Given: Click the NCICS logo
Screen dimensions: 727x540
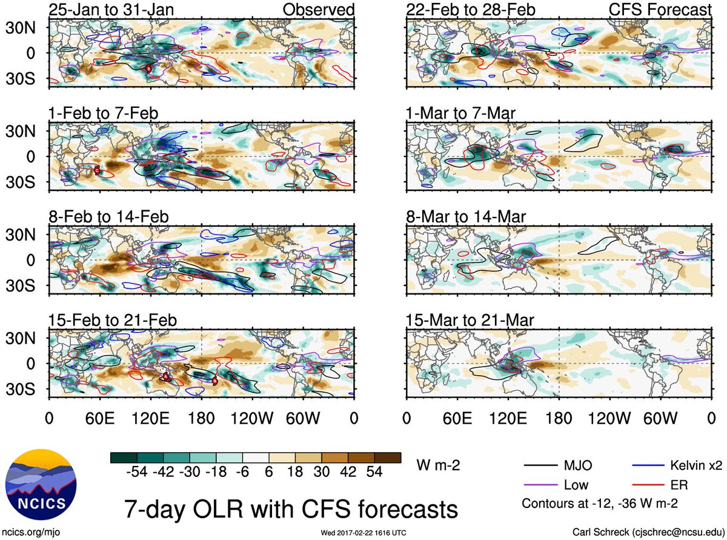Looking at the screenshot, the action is (x=41, y=484).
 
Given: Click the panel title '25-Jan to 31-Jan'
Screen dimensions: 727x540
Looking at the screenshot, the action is (x=111, y=10).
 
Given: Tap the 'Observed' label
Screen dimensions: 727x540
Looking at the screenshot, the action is (x=318, y=10).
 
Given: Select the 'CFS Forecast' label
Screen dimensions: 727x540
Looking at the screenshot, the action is (x=660, y=10).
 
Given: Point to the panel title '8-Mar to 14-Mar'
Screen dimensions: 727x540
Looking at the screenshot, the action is (x=466, y=217).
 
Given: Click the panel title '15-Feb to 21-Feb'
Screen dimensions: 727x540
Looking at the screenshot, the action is (x=113, y=320).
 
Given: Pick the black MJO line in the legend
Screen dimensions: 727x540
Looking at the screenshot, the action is (x=540, y=465).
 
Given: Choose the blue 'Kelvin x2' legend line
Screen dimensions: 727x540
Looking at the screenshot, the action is (x=648, y=465).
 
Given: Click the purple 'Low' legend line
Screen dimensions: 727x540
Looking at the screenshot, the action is (x=540, y=485).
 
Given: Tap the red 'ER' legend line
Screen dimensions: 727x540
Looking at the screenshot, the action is (x=648, y=485).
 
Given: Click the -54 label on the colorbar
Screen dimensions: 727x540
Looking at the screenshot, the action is (x=137, y=472).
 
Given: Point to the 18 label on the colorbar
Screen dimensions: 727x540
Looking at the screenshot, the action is (x=295, y=472).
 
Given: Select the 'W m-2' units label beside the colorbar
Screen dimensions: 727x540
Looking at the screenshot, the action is (x=438, y=465).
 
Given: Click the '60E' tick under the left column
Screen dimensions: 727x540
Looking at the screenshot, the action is (x=99, y=419).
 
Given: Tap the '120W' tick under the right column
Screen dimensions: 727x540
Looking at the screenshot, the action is (x=609, y=419).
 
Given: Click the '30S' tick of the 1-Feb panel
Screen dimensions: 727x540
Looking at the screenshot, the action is (x=21, y=182).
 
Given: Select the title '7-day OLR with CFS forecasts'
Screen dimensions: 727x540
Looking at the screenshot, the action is (x=291, y=509).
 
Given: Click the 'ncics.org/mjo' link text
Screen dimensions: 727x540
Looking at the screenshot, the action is (x=31, y=532).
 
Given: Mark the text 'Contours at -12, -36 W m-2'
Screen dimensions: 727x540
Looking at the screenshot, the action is (x=600, y=503).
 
